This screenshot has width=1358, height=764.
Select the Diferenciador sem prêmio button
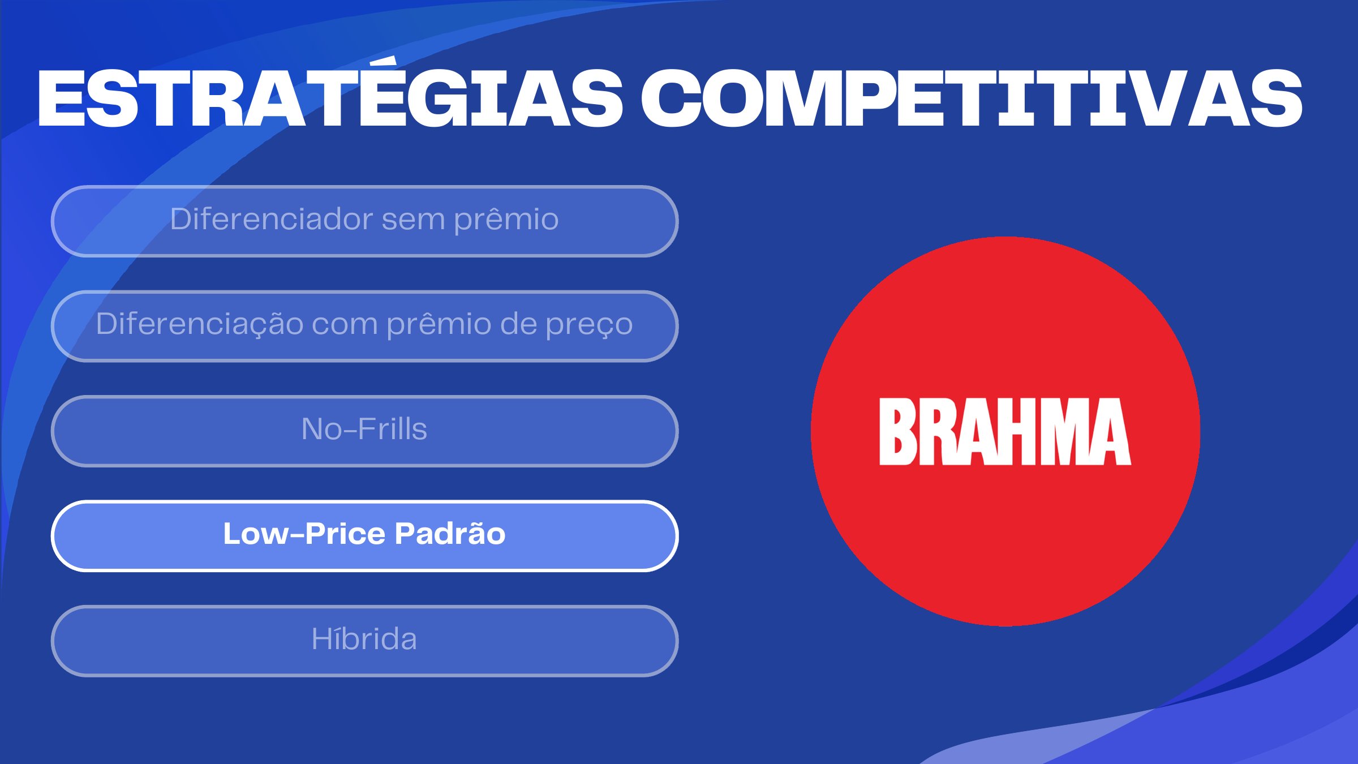[x=365, y=221]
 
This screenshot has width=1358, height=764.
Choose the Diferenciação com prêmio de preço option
[x=365, y=326]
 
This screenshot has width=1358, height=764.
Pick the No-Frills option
[x=365, y=431]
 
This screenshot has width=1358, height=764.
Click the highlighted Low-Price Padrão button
[x=365, y=536]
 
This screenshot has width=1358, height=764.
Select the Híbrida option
[x=365, y=641]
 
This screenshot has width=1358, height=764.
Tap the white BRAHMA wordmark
[x=1005, y=431]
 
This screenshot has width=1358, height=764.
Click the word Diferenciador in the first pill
[x=271, y=218]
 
